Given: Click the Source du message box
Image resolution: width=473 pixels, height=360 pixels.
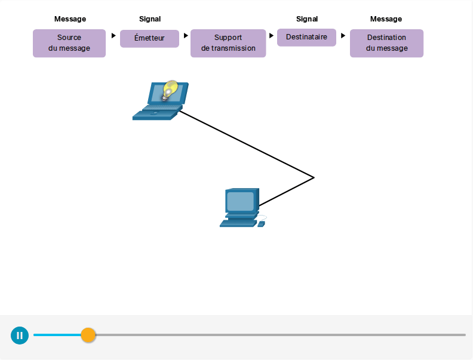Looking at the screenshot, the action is [69, 43].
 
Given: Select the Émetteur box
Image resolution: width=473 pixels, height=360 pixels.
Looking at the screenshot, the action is [149, 38].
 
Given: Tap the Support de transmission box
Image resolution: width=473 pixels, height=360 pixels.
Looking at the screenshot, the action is [228, 43].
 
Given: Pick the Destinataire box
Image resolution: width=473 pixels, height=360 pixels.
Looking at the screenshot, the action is [306, 38].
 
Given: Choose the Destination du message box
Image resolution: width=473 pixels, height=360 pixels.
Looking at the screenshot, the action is [386, 43].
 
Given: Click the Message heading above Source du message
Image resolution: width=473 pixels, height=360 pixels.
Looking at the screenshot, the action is [70, 19].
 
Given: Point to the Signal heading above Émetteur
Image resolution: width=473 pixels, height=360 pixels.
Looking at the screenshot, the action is [150, 19].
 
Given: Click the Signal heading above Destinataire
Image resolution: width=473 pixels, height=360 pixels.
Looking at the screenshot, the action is [307, 19].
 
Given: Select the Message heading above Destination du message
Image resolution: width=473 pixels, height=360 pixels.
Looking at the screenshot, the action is [386, 19].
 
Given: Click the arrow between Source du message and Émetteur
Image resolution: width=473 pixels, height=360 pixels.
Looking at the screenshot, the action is [113, 36].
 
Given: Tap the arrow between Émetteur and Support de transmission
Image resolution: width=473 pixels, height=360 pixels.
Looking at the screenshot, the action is [186, 36].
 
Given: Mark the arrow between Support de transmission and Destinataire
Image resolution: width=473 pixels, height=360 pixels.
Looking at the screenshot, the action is [271, 36].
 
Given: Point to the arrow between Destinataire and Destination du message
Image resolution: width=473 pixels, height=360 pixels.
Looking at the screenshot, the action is [343, 36].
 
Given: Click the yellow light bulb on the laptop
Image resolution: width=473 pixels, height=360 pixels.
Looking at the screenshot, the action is [170, 90].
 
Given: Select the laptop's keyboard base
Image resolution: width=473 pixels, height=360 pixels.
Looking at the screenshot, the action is [157, 113].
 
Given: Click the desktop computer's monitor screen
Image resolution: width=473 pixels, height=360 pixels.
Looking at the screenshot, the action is [240, 201].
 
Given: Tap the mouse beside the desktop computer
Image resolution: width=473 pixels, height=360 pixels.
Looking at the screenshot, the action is [261, 224].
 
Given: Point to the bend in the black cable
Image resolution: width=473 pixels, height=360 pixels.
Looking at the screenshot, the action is [314, 177].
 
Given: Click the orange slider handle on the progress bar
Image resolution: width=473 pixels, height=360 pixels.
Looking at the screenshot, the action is [88, 335].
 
